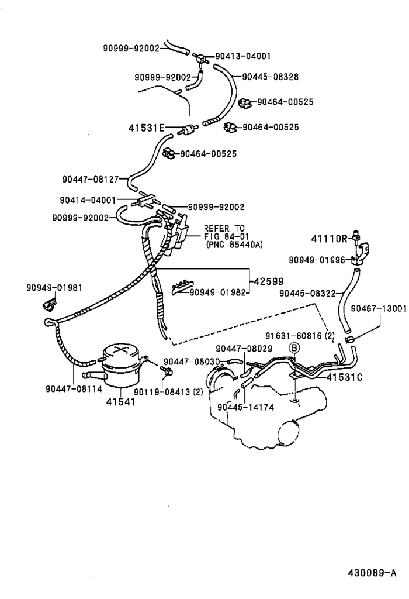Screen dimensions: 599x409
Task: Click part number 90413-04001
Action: pyautogui.click(x=241, y=57)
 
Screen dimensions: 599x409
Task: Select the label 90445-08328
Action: pyautogui.click(x=270, y=76)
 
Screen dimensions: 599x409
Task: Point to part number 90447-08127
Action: pyautogui.click(x=90, y=180)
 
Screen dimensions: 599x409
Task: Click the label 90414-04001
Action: pyautogui.click(x=88, y=199)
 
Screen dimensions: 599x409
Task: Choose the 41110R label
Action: pyautogui.click(x=329, y=238)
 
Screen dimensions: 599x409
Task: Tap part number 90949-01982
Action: pyautogui.click(x=219, y=291)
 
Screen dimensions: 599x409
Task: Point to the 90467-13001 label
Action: pyautogui.click(x=378, y=308)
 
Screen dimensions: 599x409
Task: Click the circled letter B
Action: pyautogui.click(x=295, y=347)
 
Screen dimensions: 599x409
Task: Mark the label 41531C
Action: pyautogui.click(x=345, y=377)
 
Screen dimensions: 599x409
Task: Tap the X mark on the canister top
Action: pyautogui.click(x=120, y=352)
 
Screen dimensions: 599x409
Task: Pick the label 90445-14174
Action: pyautogui.click(x=244, y=407)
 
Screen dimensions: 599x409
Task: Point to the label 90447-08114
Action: pyautogui.click(x=72, y=387)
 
